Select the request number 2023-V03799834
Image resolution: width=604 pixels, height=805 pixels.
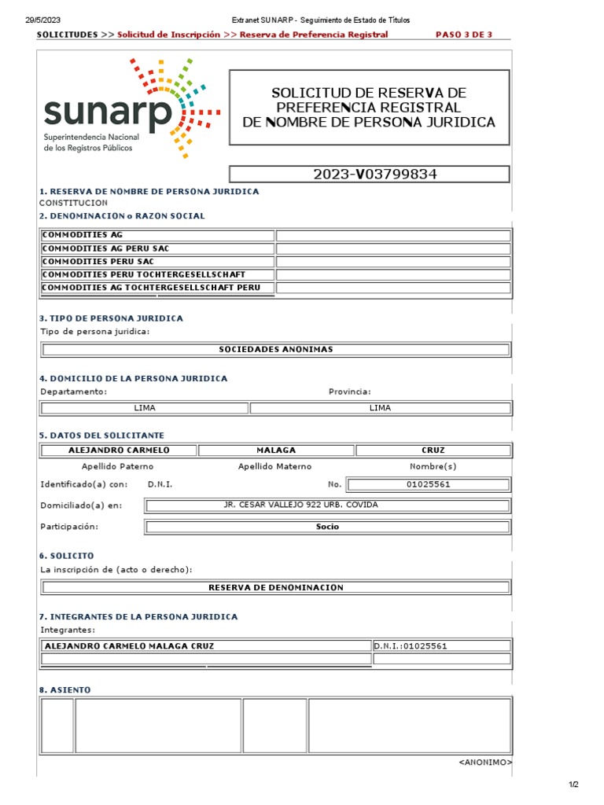pos(369,175)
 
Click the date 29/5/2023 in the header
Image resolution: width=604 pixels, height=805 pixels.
pos(42,20)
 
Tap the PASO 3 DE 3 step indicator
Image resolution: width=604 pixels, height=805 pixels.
pos(463,35)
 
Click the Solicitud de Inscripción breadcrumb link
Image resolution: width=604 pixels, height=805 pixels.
pos(168,35)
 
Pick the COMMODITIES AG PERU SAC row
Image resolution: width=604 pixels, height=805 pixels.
pos(157,248)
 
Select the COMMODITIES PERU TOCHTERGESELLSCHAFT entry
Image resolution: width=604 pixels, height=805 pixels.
pos(157,274)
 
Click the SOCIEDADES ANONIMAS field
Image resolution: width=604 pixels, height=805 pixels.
pos(275,349)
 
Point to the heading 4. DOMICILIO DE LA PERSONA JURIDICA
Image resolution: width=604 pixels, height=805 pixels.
pos(134,378)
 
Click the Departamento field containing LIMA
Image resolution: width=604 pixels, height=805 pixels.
pos(145,408)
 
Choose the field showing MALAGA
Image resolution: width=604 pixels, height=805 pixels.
pos(276,450)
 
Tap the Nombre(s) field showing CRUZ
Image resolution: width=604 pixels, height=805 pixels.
pos(433,450)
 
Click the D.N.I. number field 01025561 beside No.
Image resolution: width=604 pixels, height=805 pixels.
pos(428,484)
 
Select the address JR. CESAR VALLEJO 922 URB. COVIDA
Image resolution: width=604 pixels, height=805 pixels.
pos(327,505)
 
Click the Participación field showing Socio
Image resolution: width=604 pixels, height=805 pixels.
pos(327,527)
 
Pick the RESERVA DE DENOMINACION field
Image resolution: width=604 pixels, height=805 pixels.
pos(275,587)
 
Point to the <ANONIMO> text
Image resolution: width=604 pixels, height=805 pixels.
pos(484,763)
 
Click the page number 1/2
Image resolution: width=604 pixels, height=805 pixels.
pos(573,785)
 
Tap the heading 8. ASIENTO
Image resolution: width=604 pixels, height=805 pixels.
pos(64,689)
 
